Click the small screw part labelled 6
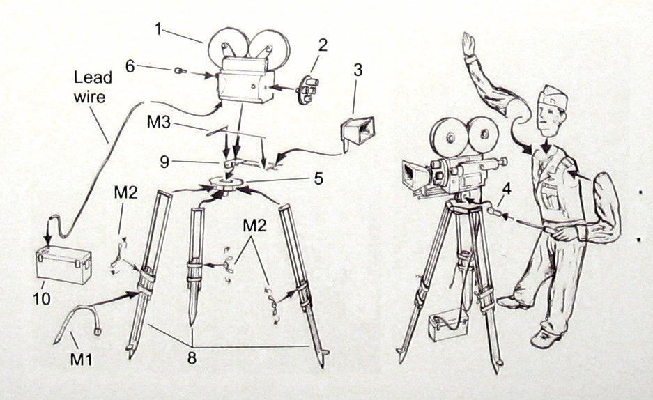(x=179, y=70)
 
